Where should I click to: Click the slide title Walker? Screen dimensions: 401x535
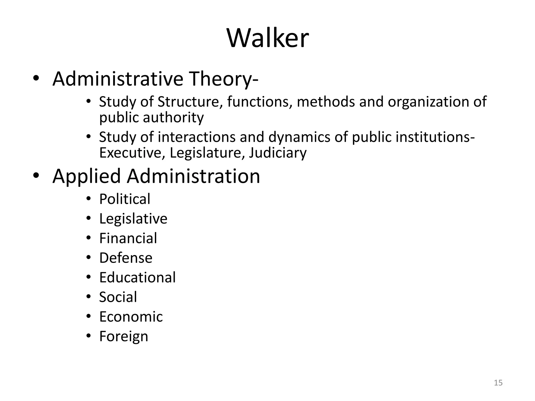268,38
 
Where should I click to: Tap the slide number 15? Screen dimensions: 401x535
498,383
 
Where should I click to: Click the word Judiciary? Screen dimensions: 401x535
277,153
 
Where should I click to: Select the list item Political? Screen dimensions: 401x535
125,199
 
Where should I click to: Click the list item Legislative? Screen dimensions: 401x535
133,219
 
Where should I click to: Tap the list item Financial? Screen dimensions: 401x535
128,238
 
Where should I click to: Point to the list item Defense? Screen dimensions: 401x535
126,258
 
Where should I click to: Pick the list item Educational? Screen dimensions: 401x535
137,278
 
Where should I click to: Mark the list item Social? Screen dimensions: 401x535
118,297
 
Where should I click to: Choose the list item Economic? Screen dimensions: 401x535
131,317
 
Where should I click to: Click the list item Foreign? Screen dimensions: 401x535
124,337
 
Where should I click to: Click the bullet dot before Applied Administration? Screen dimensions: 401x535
36,175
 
